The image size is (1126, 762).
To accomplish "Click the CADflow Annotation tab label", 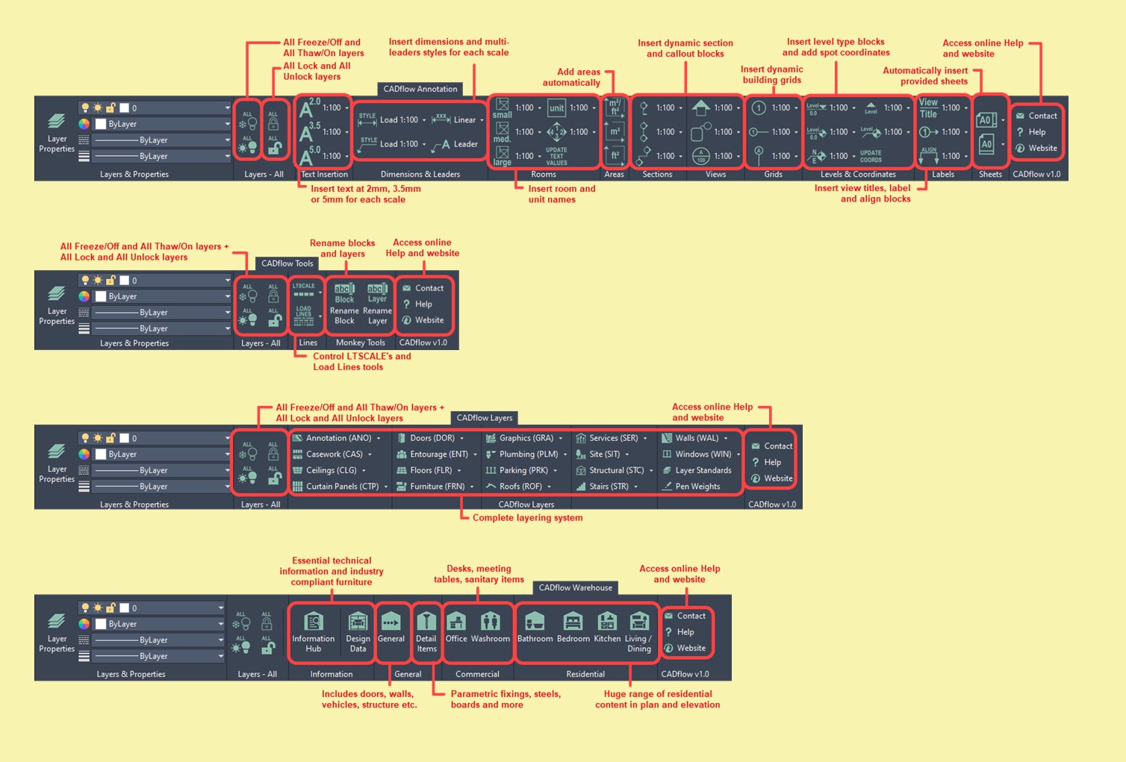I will (x=420, y=89).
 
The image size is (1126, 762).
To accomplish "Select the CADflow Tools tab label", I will (x=287, y=263).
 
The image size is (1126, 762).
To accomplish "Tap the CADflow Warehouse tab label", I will (x=576, y=587).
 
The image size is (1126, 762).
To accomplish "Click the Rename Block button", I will (x=344, y=303).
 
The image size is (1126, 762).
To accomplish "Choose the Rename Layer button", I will (x=378, y=303).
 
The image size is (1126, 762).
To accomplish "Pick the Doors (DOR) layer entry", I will (x=431, y=438).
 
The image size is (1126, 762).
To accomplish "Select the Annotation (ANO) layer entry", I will (x=338, y=438).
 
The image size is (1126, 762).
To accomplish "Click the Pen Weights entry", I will (x=697, y=487).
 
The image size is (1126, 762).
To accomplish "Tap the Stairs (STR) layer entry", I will (x=608, y=487).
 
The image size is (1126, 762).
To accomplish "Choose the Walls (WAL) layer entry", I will (x=696, y=438).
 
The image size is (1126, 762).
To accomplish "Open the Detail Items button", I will (x=426, y=631).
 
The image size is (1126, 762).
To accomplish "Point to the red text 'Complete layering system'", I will (x=527, y=518).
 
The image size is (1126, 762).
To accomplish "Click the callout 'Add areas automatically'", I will (x=571, y=78).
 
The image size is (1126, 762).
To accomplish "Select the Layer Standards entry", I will (x=702, y=470).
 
